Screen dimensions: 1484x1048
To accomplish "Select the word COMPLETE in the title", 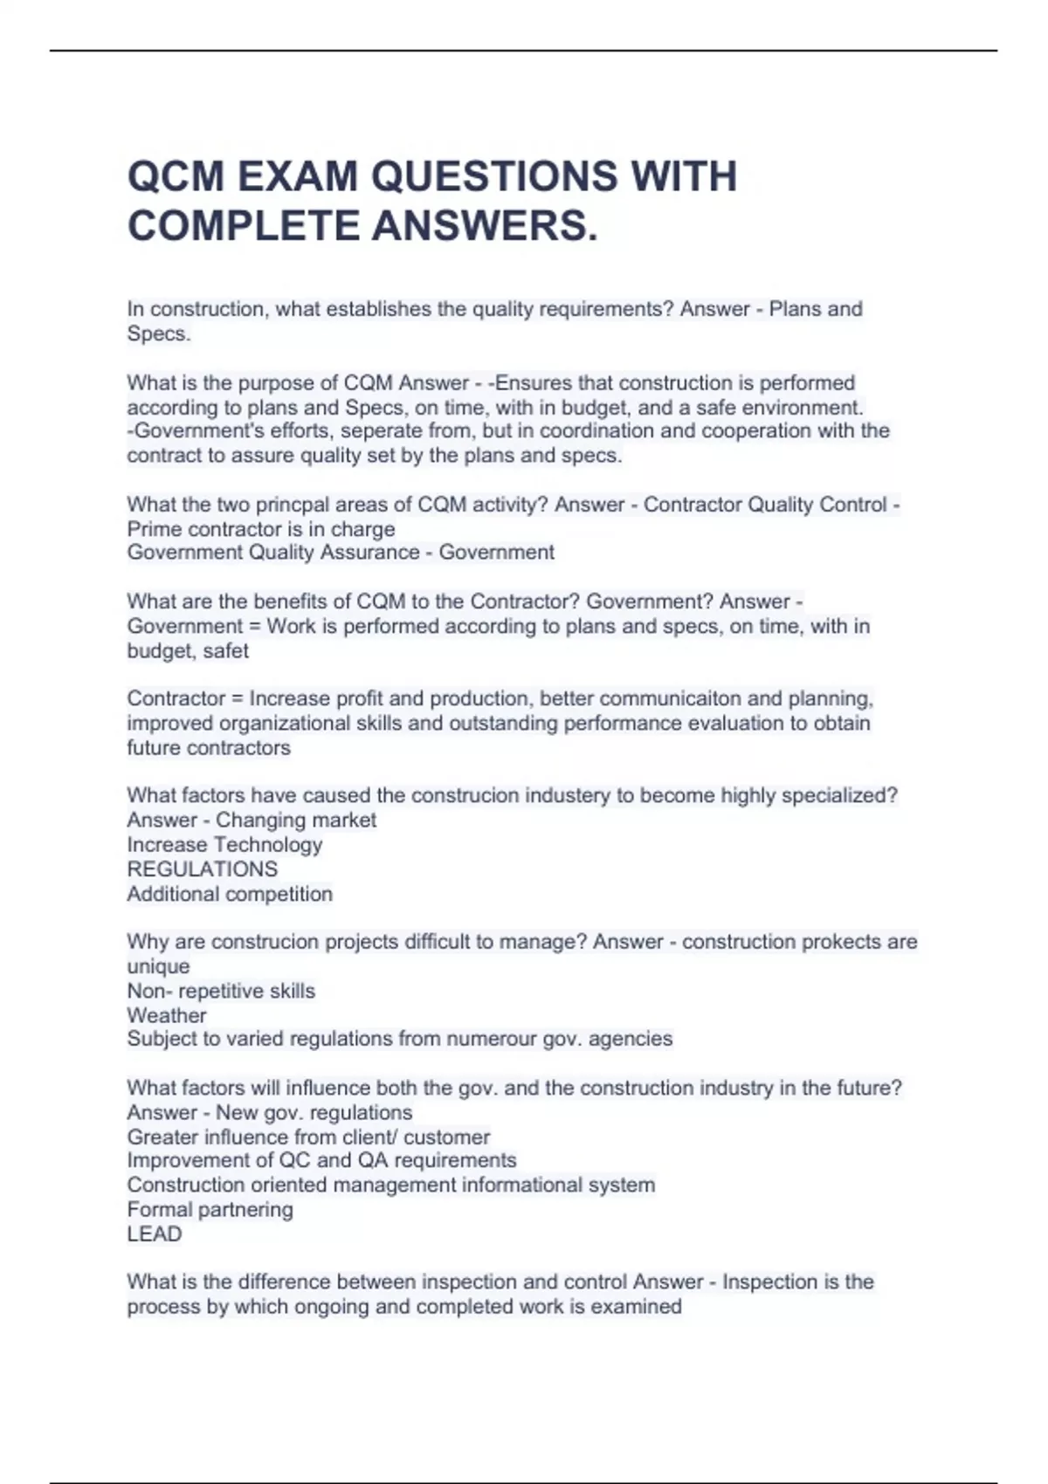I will (x=244, y=226).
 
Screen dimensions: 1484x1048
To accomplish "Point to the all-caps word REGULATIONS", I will (x=203, y=869).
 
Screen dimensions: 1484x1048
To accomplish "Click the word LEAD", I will (x=155, y=1234).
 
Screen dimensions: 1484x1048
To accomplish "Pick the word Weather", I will (x=167, y=1016).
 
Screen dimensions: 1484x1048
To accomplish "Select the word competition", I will (x=279, y=894).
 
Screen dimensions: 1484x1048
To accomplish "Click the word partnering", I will (x=238, y=1210).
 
